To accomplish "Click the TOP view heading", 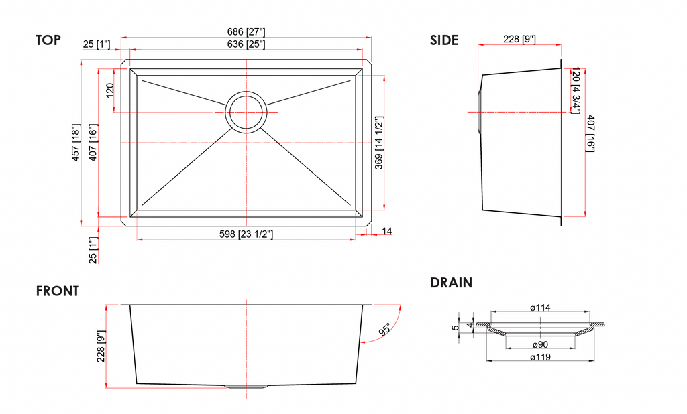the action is (x=48, y=40).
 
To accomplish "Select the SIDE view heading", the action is (x=444, y=40).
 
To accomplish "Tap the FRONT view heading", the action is (x=58, y=291).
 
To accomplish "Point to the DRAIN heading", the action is (x=452, y=283).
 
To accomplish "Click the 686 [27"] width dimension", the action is (x=246, y=32).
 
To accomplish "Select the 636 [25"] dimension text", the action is (x=246, y=44).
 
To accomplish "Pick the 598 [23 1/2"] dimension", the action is (x=246, y=234).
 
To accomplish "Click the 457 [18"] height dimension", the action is (x=76, y=143).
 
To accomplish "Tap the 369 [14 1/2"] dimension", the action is (x=379, y=143).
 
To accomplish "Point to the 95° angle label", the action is (x=384, y=330).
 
